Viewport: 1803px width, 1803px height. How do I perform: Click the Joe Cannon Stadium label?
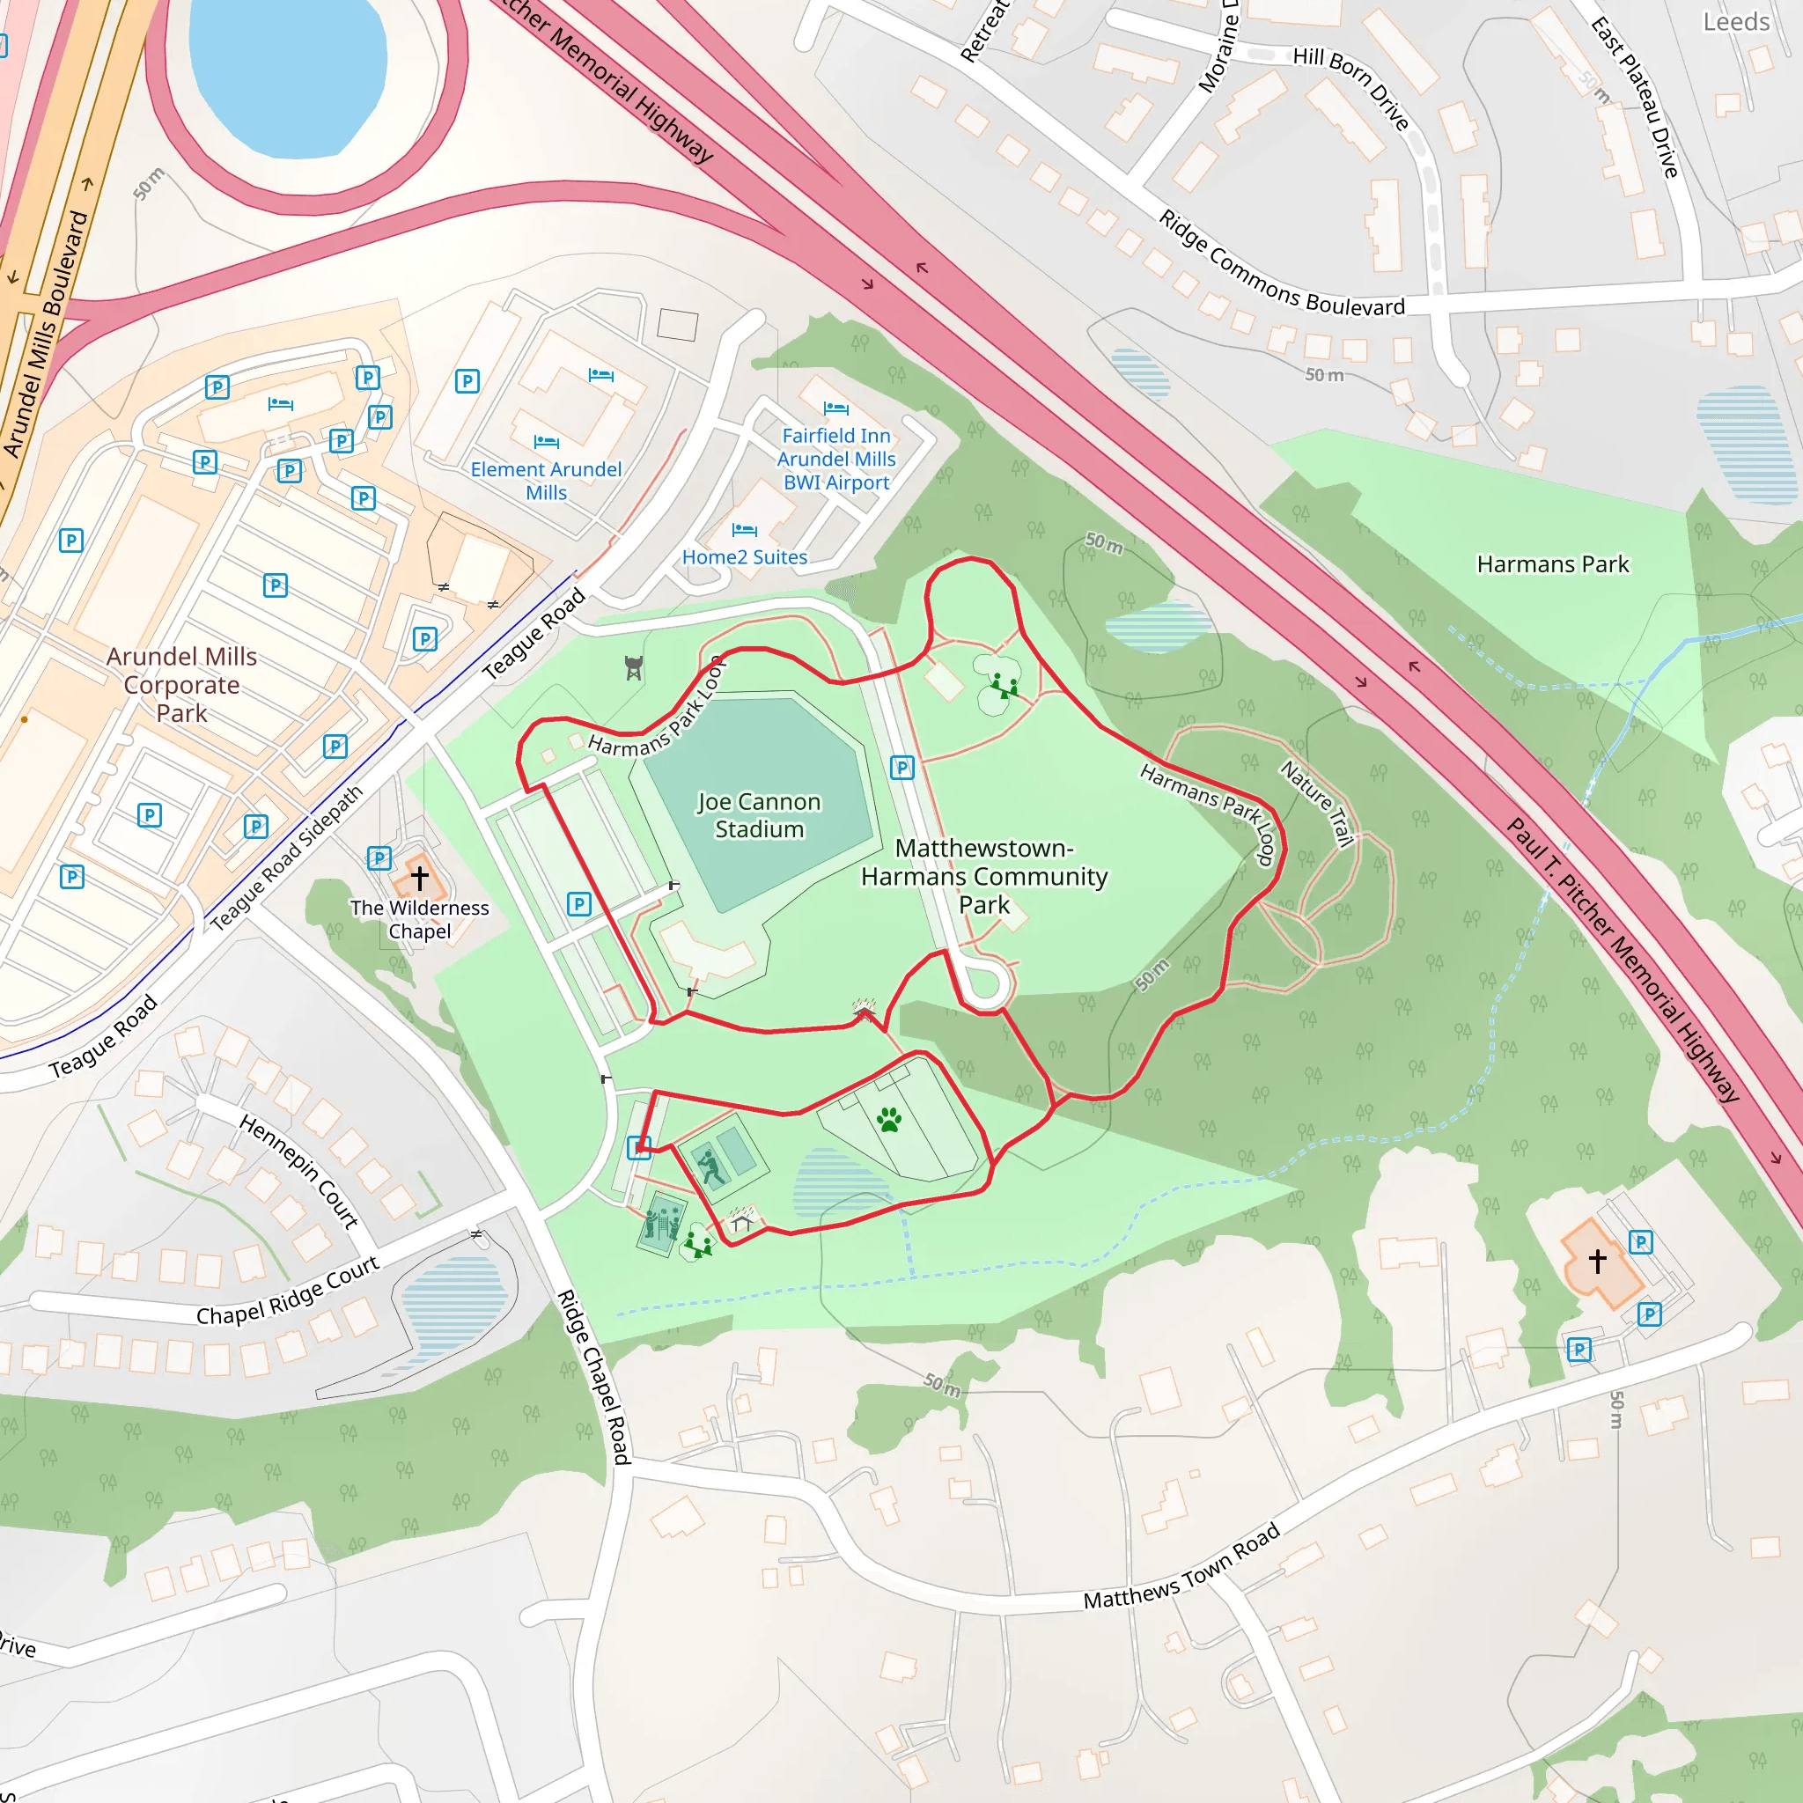(759, 814)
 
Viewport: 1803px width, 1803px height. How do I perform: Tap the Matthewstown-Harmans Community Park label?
(983, 875)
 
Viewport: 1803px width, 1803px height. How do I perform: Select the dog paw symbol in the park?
(888, 1119)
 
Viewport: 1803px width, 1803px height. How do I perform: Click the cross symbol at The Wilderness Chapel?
(419, 877)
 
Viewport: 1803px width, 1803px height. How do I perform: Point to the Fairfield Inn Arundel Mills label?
(836, 458)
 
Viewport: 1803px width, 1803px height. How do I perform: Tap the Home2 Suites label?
(744, 557)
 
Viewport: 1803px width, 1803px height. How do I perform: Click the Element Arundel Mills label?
(546, 481)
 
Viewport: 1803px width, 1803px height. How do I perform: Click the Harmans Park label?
(1552, 563)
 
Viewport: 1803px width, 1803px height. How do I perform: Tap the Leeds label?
(1736, 21)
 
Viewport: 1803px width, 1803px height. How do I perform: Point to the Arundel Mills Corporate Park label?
(181, 684)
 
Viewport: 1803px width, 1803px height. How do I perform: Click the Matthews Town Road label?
(1181, 1568)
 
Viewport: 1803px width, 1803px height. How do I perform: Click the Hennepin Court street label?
(298, 1171)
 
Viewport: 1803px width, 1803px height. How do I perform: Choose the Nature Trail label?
(1316, 803)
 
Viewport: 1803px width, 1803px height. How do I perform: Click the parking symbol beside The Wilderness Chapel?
(379, 857)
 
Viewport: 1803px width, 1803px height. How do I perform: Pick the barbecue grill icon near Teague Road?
(634, 667)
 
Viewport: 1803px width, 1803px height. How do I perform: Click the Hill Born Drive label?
(1350, 87)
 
